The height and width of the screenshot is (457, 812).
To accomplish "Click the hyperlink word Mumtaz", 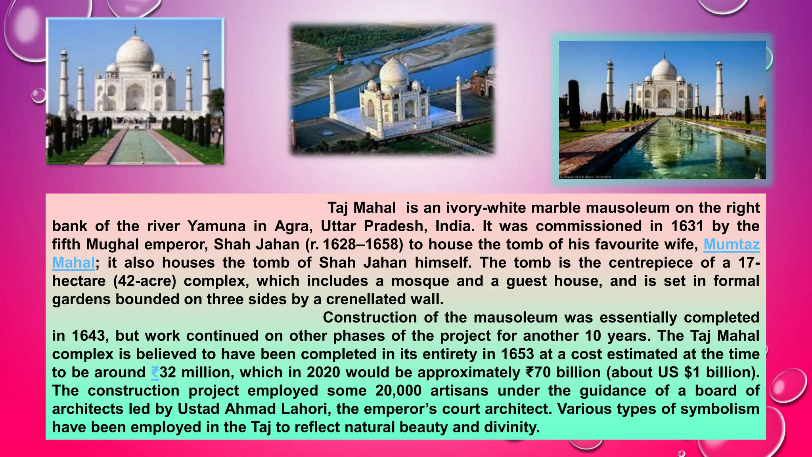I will [732, 244].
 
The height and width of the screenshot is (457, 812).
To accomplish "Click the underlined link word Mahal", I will [73, 263].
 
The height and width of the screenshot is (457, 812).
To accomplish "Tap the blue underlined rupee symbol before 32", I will [155, 373].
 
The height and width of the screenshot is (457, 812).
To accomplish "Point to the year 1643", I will [89, 336].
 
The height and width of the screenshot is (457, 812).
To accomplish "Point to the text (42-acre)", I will [145, 281].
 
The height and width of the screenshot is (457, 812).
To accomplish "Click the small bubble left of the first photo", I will [38, 96].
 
